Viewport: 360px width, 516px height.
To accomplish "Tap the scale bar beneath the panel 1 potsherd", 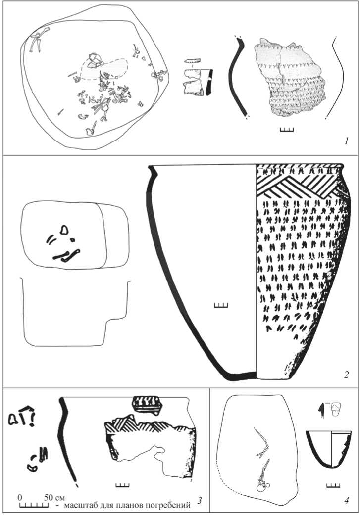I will coord(287,130).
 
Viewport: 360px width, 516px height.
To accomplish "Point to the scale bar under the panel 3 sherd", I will coord(121,484).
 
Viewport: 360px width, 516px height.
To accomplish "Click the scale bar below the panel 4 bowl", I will coord(333,485).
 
